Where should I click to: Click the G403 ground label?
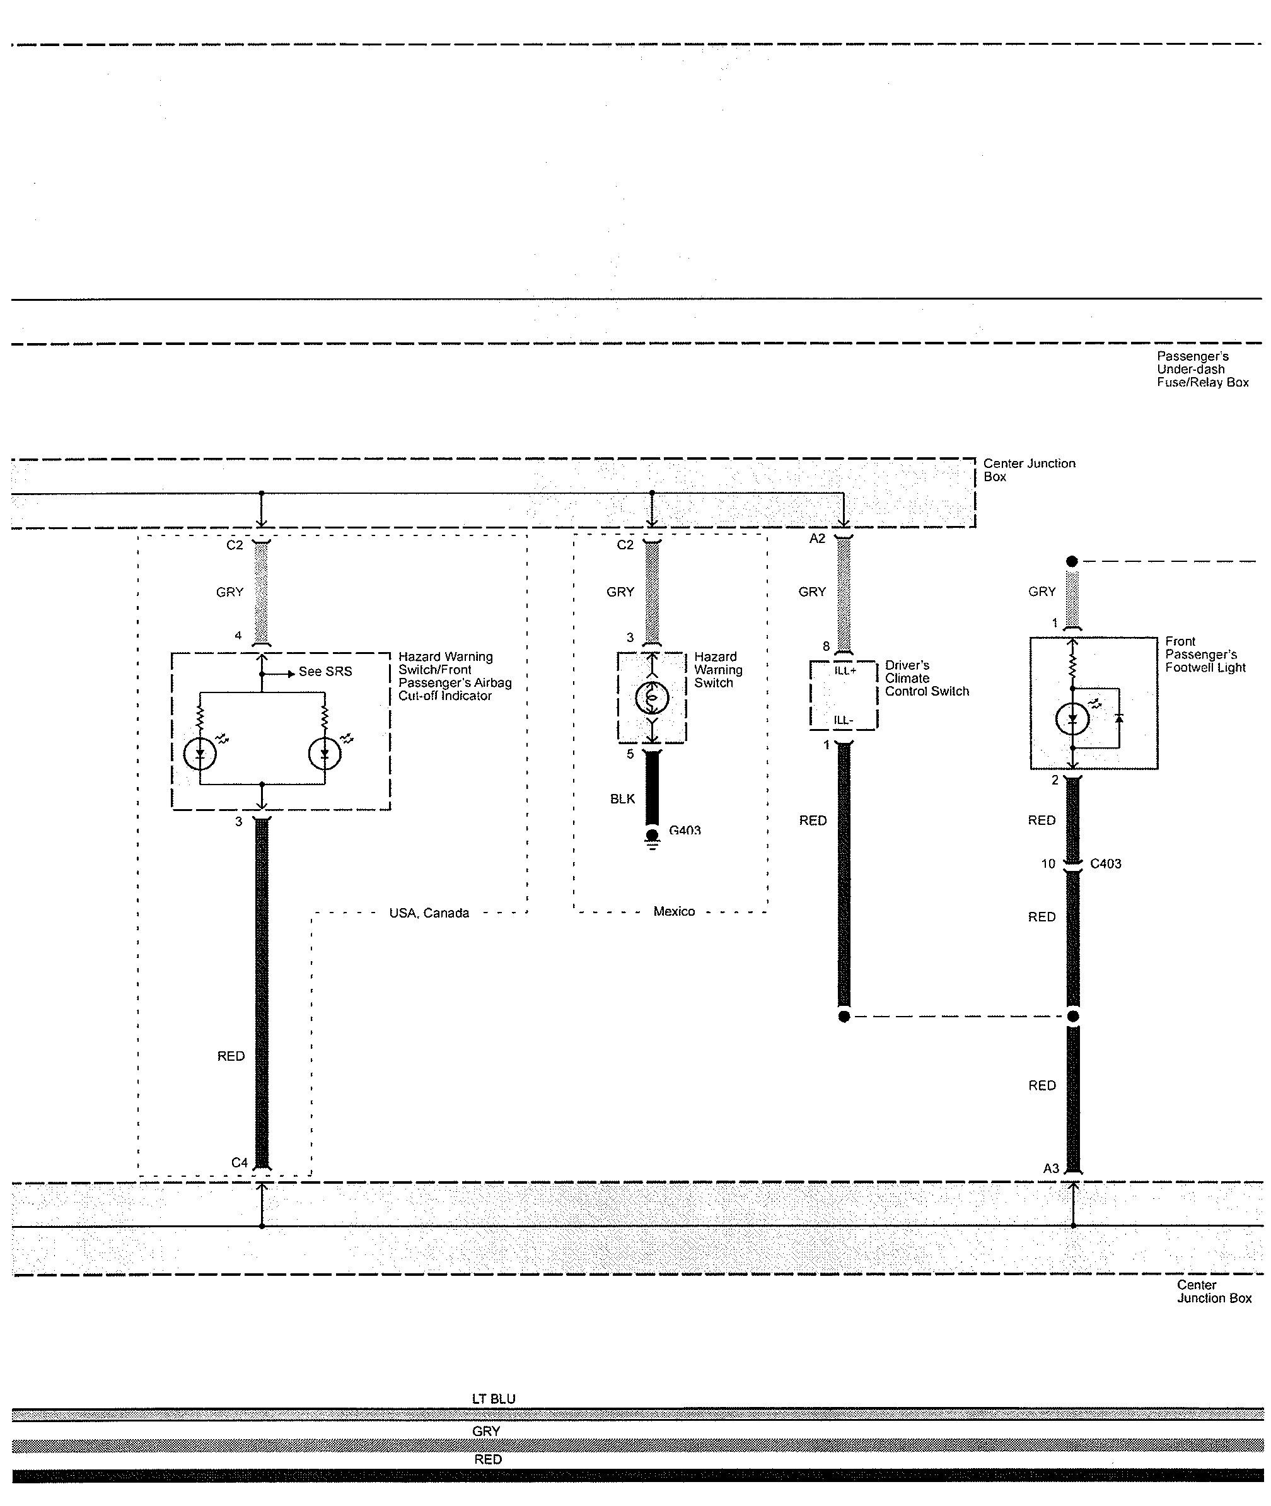point(685,830)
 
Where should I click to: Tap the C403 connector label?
point(1105,863)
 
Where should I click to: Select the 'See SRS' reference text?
point(326,672)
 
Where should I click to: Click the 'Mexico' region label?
point(675,911)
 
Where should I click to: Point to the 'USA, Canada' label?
point(429,913)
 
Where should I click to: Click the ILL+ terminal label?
point(845,671)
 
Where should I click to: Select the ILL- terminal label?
point(844,720)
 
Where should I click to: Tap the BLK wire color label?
point(622,798)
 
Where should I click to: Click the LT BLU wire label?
point(494,1399)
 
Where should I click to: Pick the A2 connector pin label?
point(817,539)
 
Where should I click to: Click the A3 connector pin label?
point(1051,1168)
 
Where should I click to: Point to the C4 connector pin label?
point(239,1162)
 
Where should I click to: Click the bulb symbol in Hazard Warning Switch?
point(652,697)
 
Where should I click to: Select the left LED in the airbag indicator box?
point(200,754)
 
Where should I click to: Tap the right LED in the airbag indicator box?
point(324,754)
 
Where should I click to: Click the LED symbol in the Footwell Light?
point(1072,718)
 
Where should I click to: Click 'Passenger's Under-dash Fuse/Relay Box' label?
point(1202,370)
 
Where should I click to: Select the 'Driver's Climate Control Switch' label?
point(927,678)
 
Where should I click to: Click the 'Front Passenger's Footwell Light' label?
point(1205,654)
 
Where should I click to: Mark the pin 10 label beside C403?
point(1048,863)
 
